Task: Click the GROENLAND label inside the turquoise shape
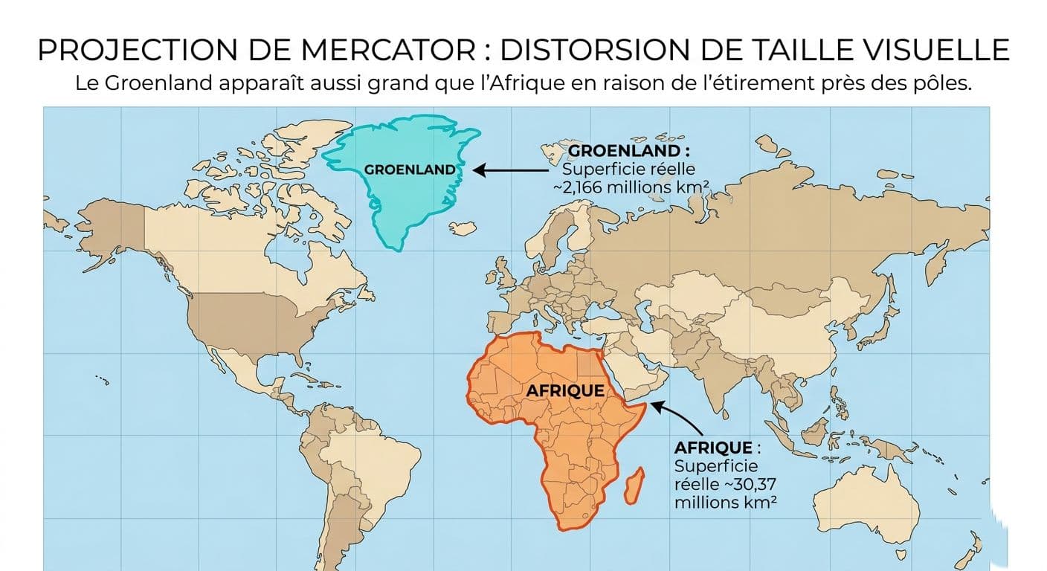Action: tap(410, 170)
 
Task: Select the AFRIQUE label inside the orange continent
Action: tap(565, 390)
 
